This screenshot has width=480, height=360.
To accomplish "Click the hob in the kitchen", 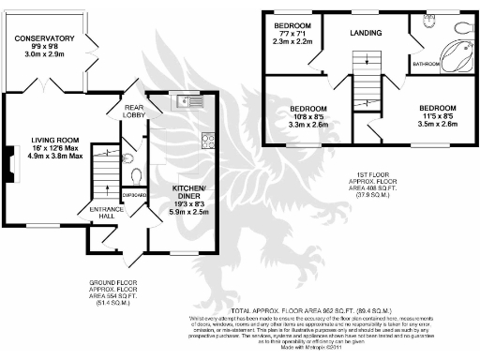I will (x=207, y=141).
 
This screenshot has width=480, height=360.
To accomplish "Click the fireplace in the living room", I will (x=11, y=168).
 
